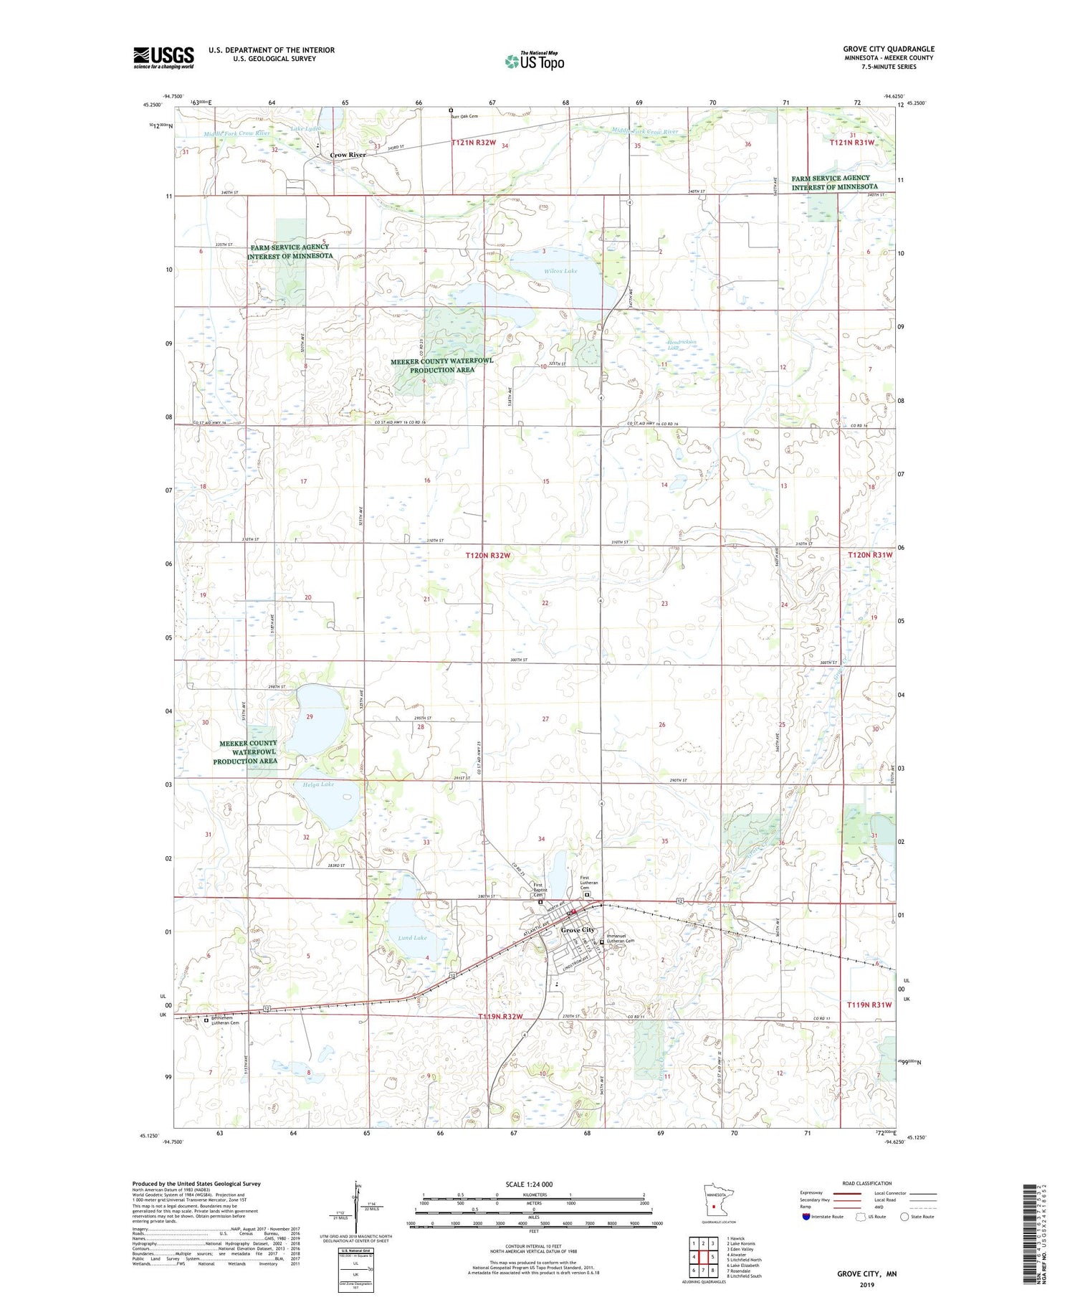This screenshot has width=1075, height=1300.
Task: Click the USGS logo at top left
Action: click(163, 57)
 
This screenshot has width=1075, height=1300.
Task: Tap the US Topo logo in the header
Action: click(535, 62)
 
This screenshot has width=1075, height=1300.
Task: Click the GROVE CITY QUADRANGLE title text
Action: click(889, 49)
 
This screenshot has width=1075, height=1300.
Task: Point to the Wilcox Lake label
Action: click(560, 271)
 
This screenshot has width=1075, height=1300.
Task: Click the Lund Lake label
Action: click(412, 938)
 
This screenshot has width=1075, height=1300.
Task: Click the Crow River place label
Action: click(348, 155)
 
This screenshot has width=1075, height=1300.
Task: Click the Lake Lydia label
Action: click(306, 128)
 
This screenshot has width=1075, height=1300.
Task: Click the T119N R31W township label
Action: click(869, 1005)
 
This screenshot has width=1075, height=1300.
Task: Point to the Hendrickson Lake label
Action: click(682, 345)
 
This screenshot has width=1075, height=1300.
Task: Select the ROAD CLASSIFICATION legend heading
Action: click(867, 1183)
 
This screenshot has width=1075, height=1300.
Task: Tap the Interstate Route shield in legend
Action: click(806, 1217)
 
